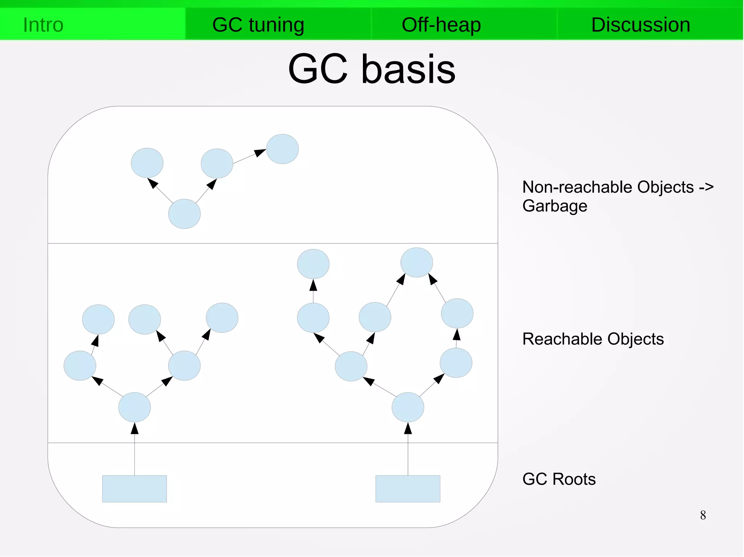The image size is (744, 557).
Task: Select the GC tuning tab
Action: tap(258, 25)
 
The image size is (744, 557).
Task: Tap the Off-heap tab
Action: tap(441, 25)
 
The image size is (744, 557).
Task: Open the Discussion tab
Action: tap(640, 25)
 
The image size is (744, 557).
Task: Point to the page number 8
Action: tap(703, 515)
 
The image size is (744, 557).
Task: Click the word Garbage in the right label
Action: tap(555, 206)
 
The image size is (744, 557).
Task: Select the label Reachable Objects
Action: tap(593, 339)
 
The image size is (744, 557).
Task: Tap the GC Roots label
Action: tap(559, 479)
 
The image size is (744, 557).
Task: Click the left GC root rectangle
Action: tap(134, 488)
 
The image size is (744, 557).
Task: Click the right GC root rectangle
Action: tap(408, 488)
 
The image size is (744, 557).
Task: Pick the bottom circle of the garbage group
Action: tap(184, 214)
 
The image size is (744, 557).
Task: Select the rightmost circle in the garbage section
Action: tap(282, 149)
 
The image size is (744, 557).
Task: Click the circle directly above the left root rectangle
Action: tap(134, 407)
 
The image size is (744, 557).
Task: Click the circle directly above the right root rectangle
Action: tap(408, 407)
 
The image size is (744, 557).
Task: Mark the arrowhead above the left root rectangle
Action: tap(134, 429)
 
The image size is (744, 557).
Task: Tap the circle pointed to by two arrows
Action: tap(417, 262)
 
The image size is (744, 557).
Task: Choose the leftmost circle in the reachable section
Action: tap(80, 365)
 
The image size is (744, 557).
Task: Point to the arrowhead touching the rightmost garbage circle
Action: tap(260, 152)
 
